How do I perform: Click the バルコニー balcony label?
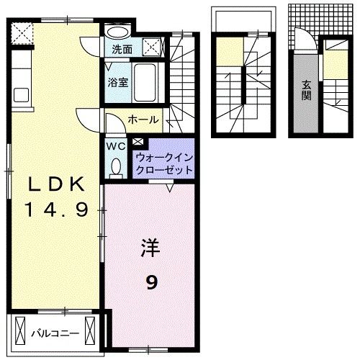[x=54, y=333]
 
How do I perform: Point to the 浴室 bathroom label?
[x=118, y=81]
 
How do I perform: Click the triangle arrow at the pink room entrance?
[x=170, y=189]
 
